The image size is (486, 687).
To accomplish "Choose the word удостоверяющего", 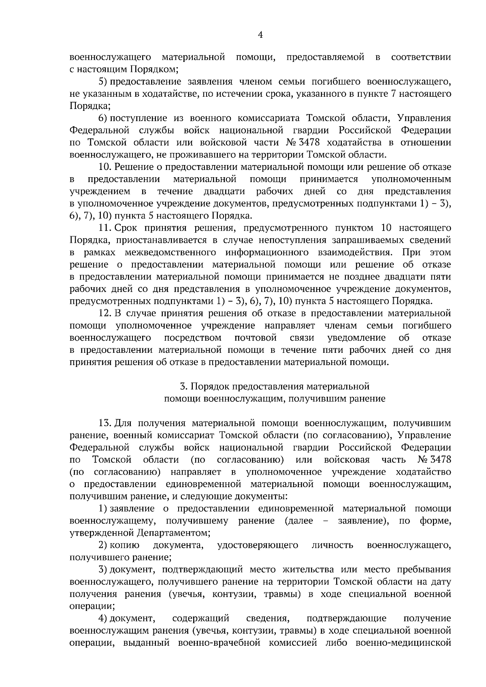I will click(x=258, y=545).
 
